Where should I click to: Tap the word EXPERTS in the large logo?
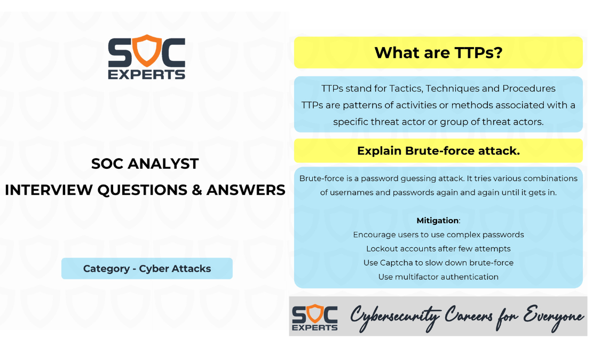(147, 75)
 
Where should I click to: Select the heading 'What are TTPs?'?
(438, 53)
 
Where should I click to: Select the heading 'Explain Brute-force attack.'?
(438, 151)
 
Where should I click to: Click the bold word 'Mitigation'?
(438, 221)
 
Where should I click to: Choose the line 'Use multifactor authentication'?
(438, 277)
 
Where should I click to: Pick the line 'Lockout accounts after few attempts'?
(438, 249)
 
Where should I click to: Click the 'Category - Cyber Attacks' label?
(147, 268)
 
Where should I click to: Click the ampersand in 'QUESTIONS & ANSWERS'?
(196, 190)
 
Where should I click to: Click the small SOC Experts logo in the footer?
(315, 317)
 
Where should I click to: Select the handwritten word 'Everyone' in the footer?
(554, 317)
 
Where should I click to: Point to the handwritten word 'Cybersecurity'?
(395, 318)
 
